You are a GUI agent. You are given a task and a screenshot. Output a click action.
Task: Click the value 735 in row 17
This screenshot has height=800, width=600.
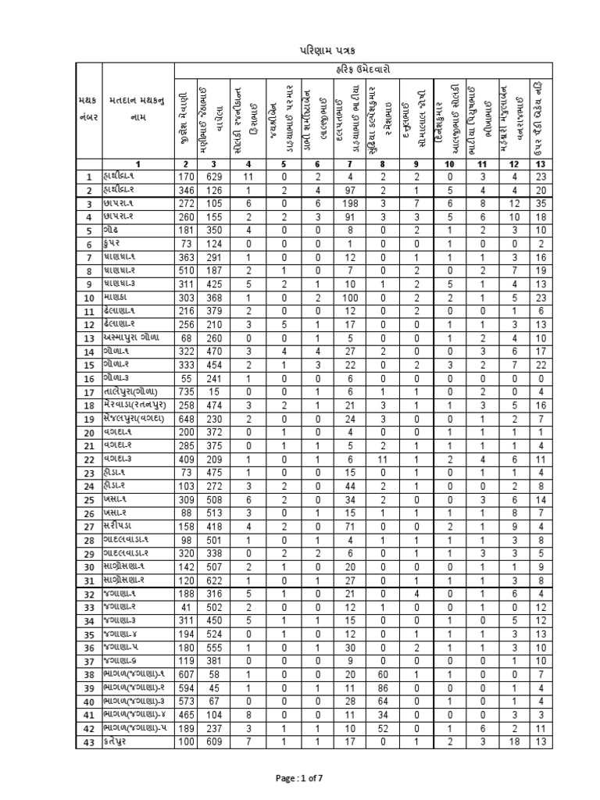point(185,391)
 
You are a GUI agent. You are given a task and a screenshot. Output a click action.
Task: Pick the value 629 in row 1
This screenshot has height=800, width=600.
point(214,177)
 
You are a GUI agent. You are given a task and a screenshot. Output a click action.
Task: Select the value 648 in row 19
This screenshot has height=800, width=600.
point(185,419)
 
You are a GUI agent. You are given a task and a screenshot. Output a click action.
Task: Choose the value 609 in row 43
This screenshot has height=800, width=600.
point(214,741)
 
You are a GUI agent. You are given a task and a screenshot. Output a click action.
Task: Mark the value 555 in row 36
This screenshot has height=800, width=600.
point(214,647)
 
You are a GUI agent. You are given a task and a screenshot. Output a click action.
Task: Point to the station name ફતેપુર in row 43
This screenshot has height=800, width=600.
point(118,741)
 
